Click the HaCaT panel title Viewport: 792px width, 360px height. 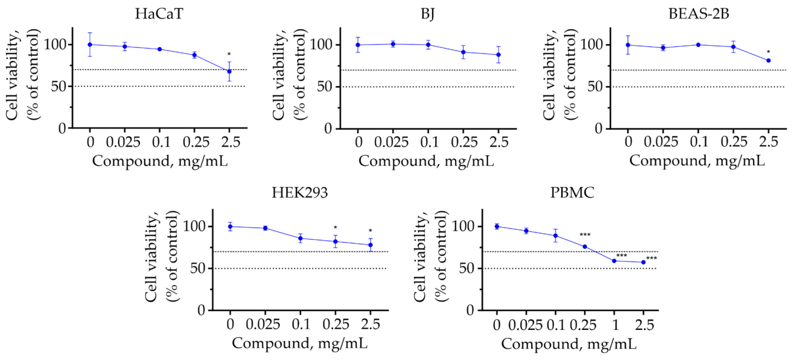pyautogui.click(x=159, y=14)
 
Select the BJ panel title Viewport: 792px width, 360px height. pyautogui.click(x=427, y=14)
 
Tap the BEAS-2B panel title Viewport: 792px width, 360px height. pyautogui.click(x=698, y=14)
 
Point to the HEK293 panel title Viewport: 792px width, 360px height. pyautogui.click(x=299, y=193)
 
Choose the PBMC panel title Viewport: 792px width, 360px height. pyautogui.click(x=572, y=193)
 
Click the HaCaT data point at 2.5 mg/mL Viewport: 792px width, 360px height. pyautogui.click(x=229, y=71)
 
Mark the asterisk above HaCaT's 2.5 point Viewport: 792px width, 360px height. pyautogui.click(x=229, y=55)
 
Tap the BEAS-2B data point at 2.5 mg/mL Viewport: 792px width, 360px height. pyautogui.click(x=768, y=61)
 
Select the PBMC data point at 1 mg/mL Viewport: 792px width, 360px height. pyautogui.click(x=614, y=261)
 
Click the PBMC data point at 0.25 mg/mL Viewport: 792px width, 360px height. pyautogui.click(x=585, y=246)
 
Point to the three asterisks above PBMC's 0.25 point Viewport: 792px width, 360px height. pyautogui.click(x=585, y=235)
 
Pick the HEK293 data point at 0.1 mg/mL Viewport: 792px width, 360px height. pyautogui.click(x=300, y=238)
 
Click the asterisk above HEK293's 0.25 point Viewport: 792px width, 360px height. pyautogui.click(x=335, y=228)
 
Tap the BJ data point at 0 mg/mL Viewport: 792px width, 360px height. pyautogui.click(x=358, y=45)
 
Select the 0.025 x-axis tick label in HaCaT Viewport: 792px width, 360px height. pyautogui.click(x=124, y=142)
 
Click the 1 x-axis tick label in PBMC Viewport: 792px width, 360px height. pyautogui.click(x=615, y=324)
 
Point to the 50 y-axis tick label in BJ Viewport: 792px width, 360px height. pyautogui.click(x=325, y=87)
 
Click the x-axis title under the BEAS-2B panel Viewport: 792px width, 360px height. pyautogui.click(x=697, y=161)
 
